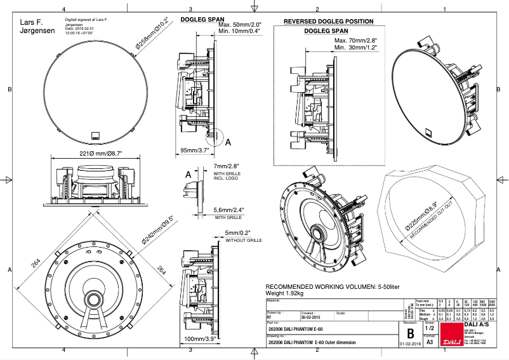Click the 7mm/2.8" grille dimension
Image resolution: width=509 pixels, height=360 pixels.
point(227,166)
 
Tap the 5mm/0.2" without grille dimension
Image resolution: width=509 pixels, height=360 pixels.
point(239,233)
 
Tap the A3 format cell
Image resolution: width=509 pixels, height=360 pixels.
point(430,342)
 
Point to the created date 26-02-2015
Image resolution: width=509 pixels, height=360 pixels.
point(310,316)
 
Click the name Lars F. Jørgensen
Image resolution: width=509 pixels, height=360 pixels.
point(32,26)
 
